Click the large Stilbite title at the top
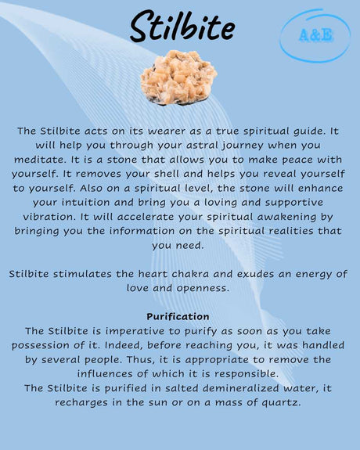[182, 27]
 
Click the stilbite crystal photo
[178, 77]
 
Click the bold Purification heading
[178, 316]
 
